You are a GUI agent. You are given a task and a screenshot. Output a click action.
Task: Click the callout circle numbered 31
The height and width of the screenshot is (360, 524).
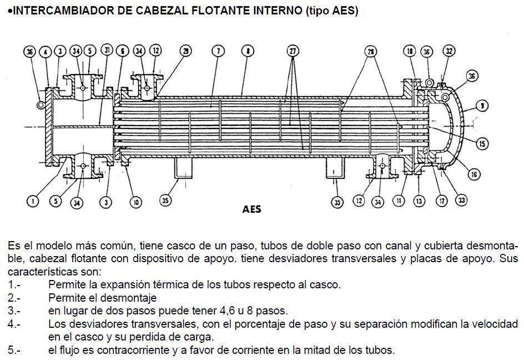pyautogui.click(x=107, y=51)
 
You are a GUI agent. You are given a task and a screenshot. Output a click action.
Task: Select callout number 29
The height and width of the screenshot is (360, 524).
pyautogui.click(x=186, y=51)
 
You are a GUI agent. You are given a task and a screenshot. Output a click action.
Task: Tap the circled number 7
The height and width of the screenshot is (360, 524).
pyautogui.click(x=218, y=51)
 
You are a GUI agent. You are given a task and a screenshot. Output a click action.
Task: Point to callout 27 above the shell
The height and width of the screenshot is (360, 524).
pyautogui.click(x=293, y=51)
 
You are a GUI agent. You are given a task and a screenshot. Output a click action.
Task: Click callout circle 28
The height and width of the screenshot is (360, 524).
pyautogui.click(x=370, y=51)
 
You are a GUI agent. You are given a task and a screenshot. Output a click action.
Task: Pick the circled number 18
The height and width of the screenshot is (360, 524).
pyautogui.click(x=410, y=51)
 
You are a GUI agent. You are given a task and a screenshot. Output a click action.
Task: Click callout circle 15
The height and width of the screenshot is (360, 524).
pyautogui.click(x=482, y=144)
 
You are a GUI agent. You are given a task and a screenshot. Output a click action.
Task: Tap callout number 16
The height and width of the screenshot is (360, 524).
pyautogui.click(x=473, y=174)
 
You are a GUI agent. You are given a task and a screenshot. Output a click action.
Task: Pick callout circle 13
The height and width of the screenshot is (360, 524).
pyautogui.click(x=419, y=201)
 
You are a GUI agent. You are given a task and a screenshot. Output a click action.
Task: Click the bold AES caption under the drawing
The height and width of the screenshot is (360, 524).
pyautogui.click(x=251, y=209)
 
